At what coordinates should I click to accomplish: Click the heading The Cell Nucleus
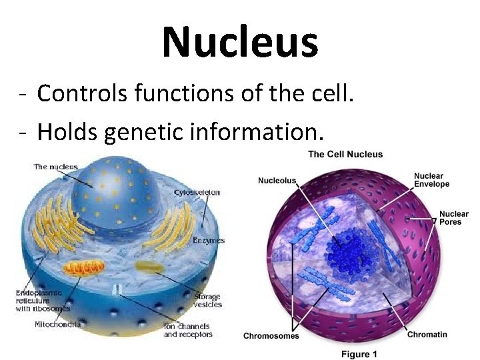(345, 154)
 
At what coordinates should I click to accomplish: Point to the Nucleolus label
(277, 181)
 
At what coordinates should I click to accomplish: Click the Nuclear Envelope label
(431, 180)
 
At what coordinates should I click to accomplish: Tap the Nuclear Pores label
(453, 217)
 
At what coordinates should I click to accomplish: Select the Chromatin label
(427, 334)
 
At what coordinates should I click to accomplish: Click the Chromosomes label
(271, 336)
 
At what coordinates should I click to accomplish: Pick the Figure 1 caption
(359, 354)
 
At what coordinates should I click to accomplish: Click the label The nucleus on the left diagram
(55, 167)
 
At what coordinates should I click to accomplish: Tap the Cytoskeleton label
(197, 193)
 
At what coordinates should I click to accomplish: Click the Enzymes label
(209, 240)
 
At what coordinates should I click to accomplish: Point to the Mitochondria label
(58, 324)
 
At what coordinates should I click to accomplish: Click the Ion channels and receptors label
(188, 330)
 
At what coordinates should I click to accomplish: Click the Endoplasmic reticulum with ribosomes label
(43, 300)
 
